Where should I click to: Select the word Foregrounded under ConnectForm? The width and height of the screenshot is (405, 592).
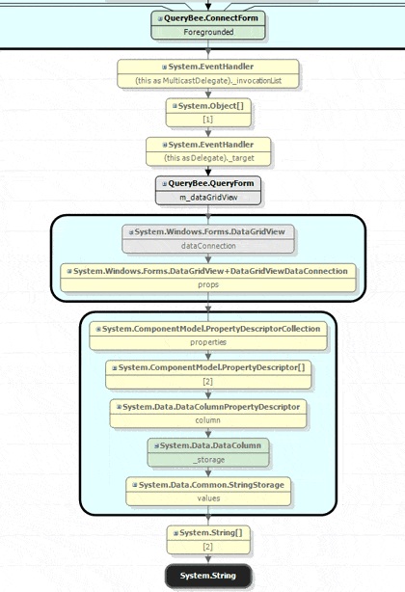(207, 32)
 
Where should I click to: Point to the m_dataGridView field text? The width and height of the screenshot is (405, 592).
(207, 197)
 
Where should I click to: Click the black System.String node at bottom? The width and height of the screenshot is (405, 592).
(207, 577)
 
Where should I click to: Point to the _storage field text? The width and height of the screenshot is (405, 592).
(207, 459)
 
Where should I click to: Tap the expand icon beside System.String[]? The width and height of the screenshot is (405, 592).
(175, 532)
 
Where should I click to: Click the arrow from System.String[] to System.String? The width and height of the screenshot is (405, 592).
(207, 559)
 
